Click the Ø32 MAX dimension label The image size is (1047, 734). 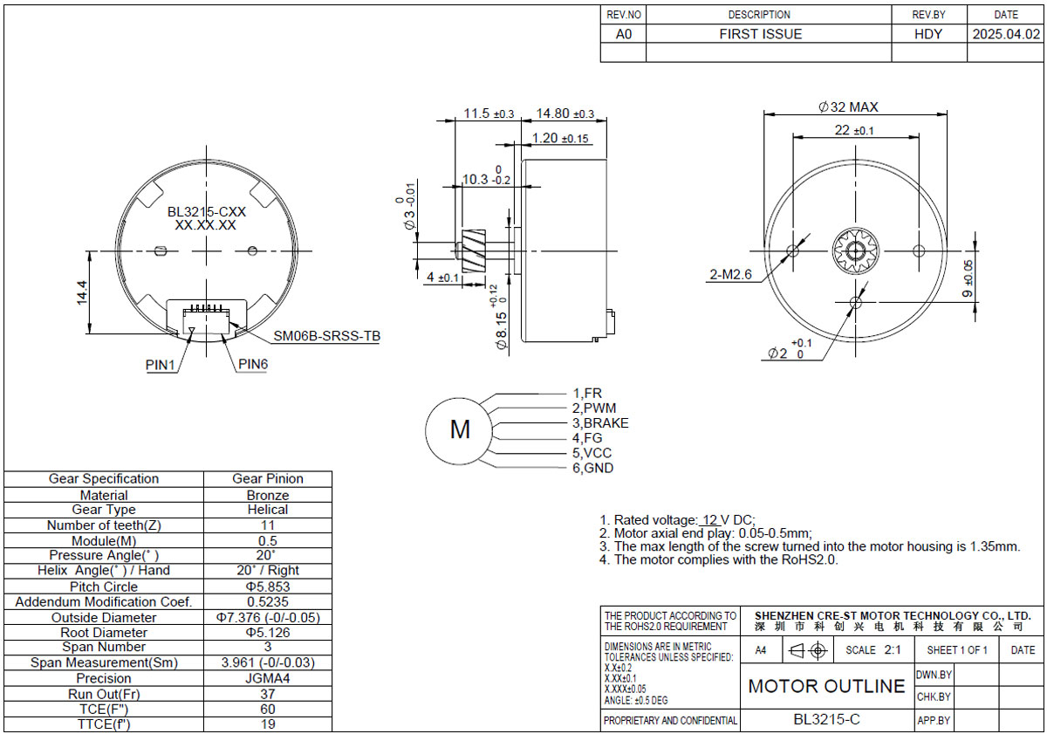click(x=848, y=107)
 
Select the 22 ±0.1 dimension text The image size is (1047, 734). click(x=854, y=130)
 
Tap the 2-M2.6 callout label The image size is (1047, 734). click(x=730, y=274)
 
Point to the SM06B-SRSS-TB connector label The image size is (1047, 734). click(x=326, y=336)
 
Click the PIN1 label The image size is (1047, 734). click(x=160, y=365)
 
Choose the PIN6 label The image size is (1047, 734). click(x=253, y=364)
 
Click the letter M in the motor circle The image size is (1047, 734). click(x=460, y=429)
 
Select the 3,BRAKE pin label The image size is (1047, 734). click(x=600, y=423)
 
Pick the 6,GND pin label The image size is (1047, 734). click(x=592, y=468)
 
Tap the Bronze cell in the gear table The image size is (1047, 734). click(x=268, y=495)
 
